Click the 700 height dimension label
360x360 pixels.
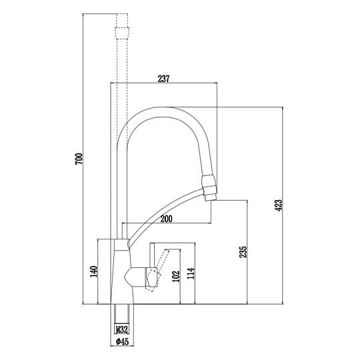tap(79, 159)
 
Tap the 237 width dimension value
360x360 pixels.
tap(163, 79)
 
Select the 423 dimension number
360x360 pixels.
tap(278, 205)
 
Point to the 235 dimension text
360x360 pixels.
tap(243, 252)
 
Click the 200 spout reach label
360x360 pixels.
tap(166, 219)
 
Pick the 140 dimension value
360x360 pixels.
tap(93, 271)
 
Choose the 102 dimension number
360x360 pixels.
tap(175, 277)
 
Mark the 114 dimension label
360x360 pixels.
tap(191, 273)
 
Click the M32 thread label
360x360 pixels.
tap(122, 330)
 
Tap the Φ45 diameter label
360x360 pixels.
tap(122, 341)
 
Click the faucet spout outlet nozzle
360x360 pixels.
tap(209, 188)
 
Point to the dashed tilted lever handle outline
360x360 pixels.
tap(158, 271)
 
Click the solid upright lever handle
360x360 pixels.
tap(151, 255)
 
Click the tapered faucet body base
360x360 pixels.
tap(122, 277)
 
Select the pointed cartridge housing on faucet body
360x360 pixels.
tap(135, 277)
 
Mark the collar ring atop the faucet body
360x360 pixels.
tap(121, 245)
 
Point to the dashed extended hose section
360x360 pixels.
tap(122, 92)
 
